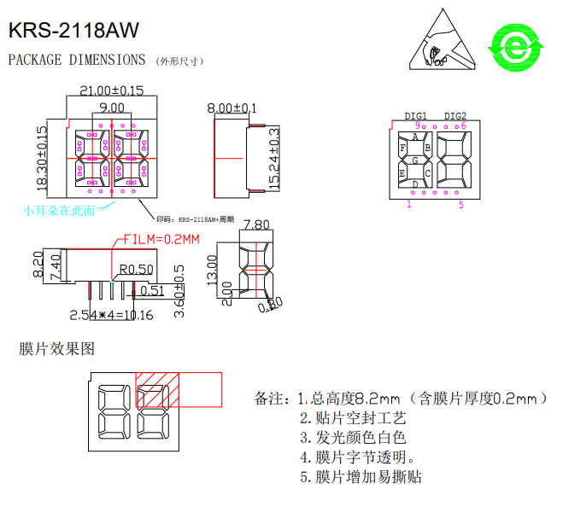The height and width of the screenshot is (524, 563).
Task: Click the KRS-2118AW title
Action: (x=73, y=31)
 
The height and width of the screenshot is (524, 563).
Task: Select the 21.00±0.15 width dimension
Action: (x=111, y=90)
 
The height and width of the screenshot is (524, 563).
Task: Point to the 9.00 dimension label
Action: (x=111, y=108)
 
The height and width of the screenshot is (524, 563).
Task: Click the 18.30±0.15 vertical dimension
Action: (x=42, y=159)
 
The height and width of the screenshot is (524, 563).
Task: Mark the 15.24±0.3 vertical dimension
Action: (x=274, y=159)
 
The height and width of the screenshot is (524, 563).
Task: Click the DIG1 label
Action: (x=416, y=116)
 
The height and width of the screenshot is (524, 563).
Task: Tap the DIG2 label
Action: (x=455, y=116)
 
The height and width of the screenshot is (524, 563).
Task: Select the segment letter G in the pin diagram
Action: (x=415, y=160)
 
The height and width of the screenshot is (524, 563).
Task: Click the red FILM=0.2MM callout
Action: (x=161, y=239)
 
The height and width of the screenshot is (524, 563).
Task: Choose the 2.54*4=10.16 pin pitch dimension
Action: (x=111, y=315)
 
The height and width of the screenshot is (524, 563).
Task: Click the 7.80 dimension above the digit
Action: (x=257, y=224)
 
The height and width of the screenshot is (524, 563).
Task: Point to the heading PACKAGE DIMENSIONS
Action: (x=77, y=60)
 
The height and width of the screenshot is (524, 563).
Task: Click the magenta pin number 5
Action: (x=460, y=204)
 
